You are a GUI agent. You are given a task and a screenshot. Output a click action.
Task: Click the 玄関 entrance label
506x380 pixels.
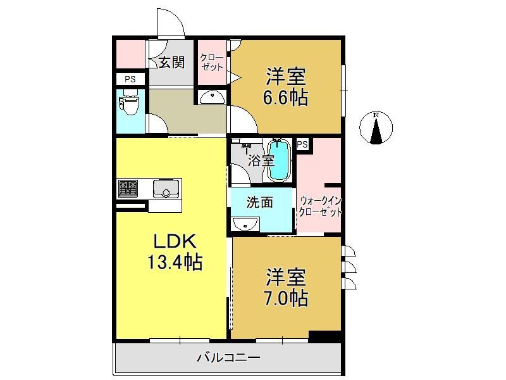pyautogui.click(x=172, y=61)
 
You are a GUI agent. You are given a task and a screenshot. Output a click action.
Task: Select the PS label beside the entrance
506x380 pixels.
pyautogui.click(x=130, y=79)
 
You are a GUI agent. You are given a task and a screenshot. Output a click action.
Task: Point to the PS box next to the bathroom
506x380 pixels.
pyautogui.click(x=302, y=144)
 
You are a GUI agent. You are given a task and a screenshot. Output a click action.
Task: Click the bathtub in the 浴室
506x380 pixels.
pyautogui.click(x=280, y=160)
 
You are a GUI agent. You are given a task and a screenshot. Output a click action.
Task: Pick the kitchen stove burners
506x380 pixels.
pyautogui.click(x=128, y=188)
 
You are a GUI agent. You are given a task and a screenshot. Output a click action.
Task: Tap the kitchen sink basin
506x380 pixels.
pyautogui.click(x=166, y=188)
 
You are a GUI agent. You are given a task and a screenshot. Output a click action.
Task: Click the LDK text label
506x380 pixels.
pyautogui.click(x=175, y=241)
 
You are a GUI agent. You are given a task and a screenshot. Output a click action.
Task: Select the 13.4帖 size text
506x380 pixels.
pyautogui.click(x=175, y=262)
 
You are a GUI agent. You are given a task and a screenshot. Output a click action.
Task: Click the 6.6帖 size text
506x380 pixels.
pyautogui.click(x=286, y=97)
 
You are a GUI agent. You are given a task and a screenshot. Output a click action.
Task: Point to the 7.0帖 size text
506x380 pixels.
pyautogui.click(x=286, y=298)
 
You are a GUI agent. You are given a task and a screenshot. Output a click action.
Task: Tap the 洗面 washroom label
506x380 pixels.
pyautogui.click(x=260, y=202)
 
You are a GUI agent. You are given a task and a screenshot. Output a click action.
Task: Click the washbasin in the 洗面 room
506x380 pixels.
pyautogui.click(x=245, y=224)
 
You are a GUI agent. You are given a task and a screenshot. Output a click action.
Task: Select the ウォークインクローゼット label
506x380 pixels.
pyautogui.click(x=320, y=206)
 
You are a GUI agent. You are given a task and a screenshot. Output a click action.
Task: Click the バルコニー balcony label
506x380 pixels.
pyautogui.click(x=228, y=357)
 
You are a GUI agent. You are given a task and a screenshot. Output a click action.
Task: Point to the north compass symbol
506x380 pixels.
pyautogui.click(x=376, y=127)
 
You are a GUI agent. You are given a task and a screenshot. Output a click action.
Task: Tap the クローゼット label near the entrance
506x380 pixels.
pyautogui.click(x=211, y=62)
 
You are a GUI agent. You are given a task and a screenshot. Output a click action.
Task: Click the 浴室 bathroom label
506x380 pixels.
pyautogui.click(x=261, y=160)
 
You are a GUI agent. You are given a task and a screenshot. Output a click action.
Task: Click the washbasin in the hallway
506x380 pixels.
pyautogui.click(x=211, y=97)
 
